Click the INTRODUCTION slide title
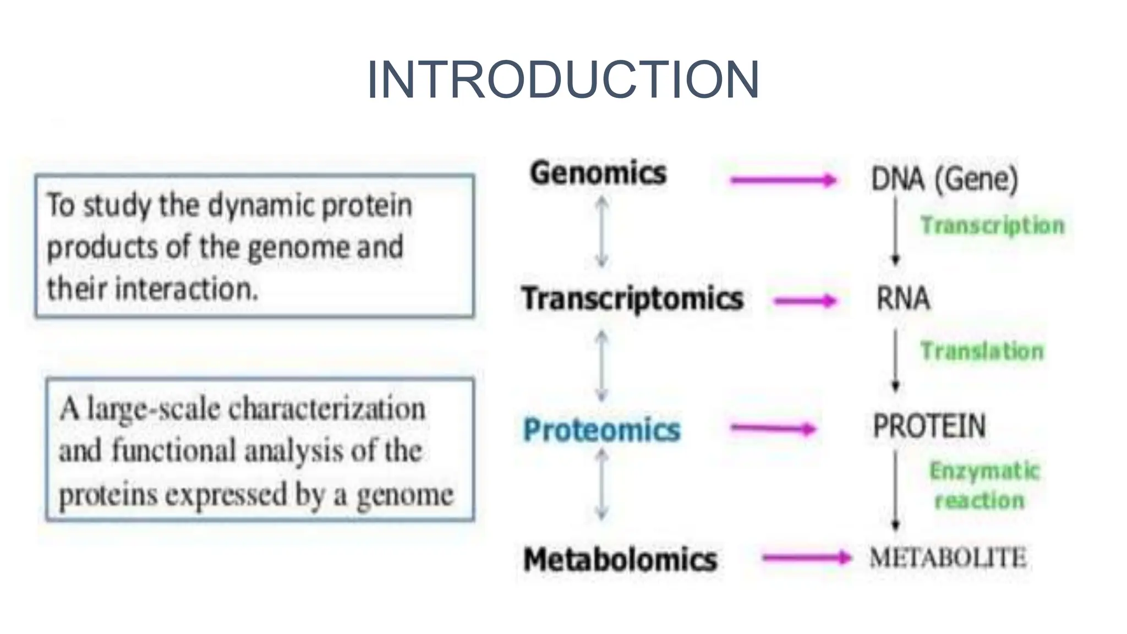pos(563,80)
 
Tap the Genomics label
pos(598,173)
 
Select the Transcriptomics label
pos(632,299)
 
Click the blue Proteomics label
pos(601,430)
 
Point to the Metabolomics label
pos(620,560)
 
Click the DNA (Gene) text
pos(944,179)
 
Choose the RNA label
pos(903,299)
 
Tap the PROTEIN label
pos(929,427)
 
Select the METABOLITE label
pos(948,558)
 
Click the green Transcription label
pos(993,226)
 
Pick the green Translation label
pos(982,351)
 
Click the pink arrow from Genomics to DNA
pos(783,180)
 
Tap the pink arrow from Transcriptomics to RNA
pos(805,300)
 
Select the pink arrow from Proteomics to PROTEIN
pos(773,429)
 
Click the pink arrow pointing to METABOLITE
pos(806,558)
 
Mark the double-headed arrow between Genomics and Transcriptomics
pos(602,232)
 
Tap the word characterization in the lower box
pos(327,409)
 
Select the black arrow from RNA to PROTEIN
pos(895,360)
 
